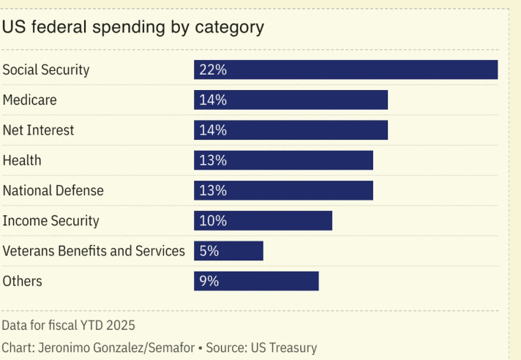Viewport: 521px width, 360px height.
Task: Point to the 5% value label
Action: (x=209, y=251)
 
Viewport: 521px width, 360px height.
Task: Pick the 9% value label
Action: (x=209, y=281)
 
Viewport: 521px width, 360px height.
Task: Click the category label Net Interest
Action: (x=38, y=130)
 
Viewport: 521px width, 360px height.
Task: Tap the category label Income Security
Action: (x=50, y=221)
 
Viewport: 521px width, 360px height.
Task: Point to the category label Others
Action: (x=23, y=281)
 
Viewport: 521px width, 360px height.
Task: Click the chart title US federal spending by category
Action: (x=132, y=28)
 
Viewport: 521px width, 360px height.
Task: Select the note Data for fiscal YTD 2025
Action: (x=68, y=325)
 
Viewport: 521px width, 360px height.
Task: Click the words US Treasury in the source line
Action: (x=285, y=348)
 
